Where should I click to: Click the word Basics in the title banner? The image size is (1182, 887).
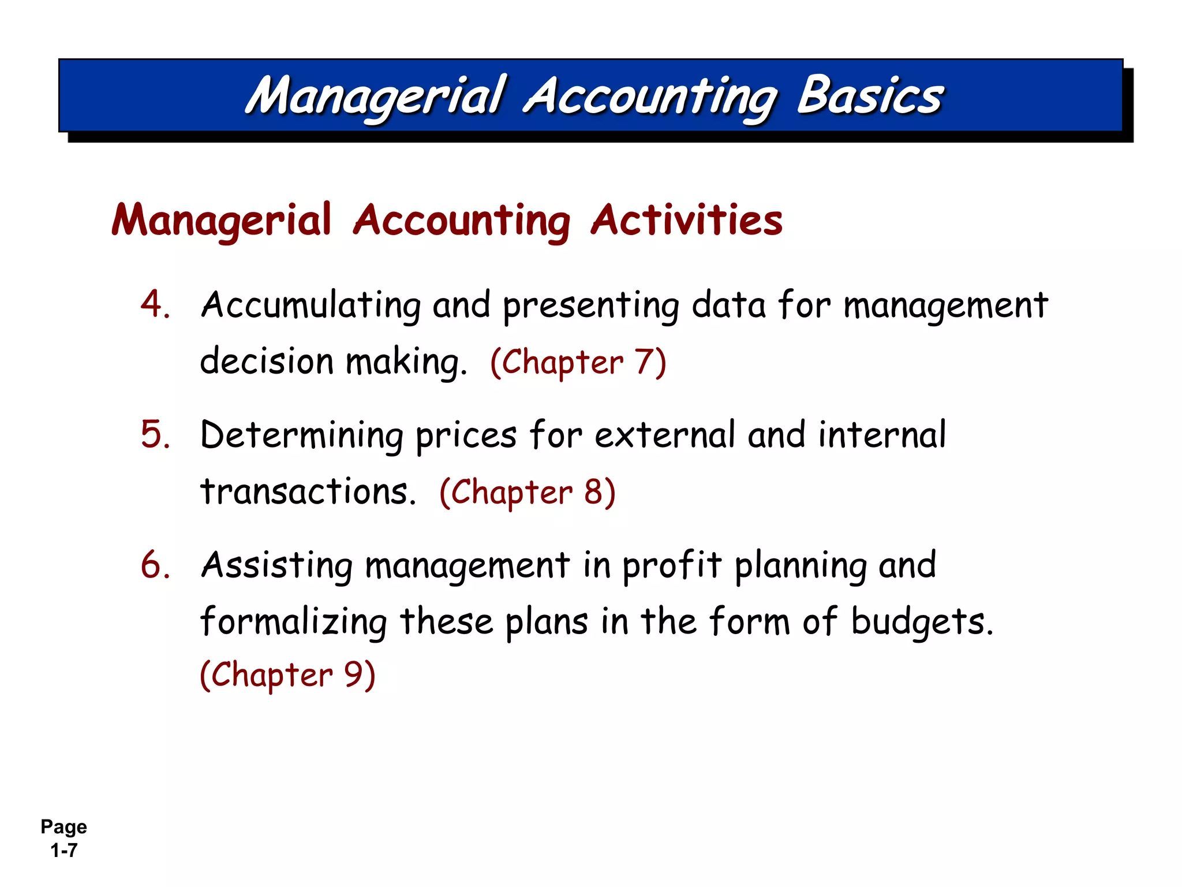coord(870,96)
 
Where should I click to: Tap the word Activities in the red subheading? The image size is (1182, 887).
coord(686,220)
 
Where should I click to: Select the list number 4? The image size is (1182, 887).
coord(155,304)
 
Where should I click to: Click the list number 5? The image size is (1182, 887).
coord(155,434)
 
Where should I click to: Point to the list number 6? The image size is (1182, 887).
coord(155,564)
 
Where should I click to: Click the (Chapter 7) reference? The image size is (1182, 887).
coord(578,363)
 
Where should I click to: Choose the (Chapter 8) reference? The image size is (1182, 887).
coord(528,493)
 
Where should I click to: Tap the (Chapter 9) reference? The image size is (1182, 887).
coord(287,674)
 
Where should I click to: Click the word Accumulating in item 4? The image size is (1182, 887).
coord(311,305)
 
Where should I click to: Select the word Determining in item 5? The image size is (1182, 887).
coord(301,435)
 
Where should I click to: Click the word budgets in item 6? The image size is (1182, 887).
coord(922,623)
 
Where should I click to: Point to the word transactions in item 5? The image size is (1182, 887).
coord(308,492)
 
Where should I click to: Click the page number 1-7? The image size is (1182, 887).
coord(63,851)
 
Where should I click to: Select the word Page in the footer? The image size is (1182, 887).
coord(63,827)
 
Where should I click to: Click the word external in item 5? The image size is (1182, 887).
coord(664,435)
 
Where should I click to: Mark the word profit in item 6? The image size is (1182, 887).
coord(671,566)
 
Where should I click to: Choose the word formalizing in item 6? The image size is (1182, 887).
coord(293,623)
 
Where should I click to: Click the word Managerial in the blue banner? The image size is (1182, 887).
coord(376,96)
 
